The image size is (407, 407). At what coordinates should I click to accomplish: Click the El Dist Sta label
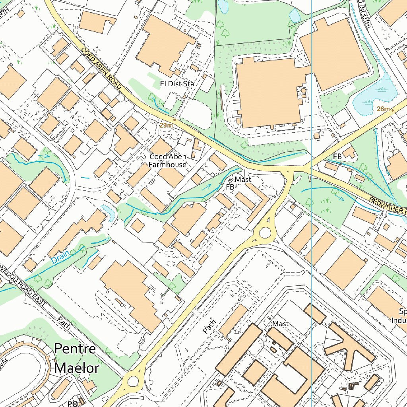coord(176,84)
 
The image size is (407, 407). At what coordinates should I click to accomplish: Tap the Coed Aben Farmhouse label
coord(167,160)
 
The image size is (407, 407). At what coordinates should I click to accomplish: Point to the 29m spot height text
coord(166,125)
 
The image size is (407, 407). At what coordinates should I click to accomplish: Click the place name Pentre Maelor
coord(76,358)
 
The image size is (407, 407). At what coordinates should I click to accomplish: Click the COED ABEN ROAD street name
coord(101,68)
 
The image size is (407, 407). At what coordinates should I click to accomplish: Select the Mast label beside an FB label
coord(243,180)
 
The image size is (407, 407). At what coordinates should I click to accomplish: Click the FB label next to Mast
coord(230,187)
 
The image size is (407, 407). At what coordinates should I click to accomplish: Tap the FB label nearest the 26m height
coord(337,157)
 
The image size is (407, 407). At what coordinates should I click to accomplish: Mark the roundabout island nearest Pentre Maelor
coord(133,382)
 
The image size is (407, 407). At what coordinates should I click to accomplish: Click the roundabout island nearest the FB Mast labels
coord(264,233)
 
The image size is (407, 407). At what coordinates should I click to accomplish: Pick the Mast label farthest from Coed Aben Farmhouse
coord(280,324)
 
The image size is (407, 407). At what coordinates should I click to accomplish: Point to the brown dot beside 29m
coord(174,118)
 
